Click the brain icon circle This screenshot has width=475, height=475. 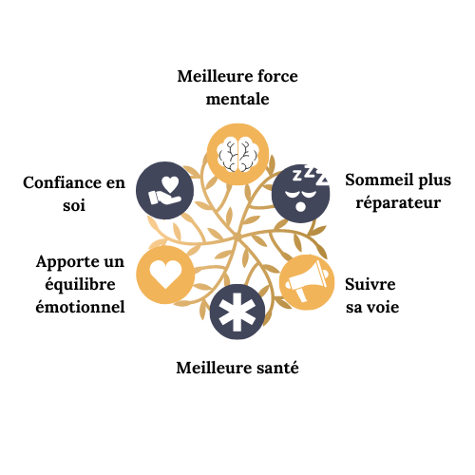[237, 154]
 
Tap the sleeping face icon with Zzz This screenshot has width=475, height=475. [301, 193]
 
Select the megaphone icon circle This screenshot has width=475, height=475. [307, 282]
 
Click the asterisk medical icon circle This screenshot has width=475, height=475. [237, 312]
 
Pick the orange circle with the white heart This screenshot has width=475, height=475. [165, 275]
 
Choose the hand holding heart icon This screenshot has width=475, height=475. [164, 190]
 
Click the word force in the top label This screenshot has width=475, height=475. [277, 76]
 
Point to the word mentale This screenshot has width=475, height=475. [237, 99]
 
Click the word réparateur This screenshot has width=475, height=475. [398, 202]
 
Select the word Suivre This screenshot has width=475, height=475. [370, 284]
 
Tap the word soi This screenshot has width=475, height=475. [74, 205]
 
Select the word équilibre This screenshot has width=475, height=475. [80, 285]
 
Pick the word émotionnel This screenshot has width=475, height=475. [80, 307]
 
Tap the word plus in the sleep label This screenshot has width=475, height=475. [435, 180]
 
